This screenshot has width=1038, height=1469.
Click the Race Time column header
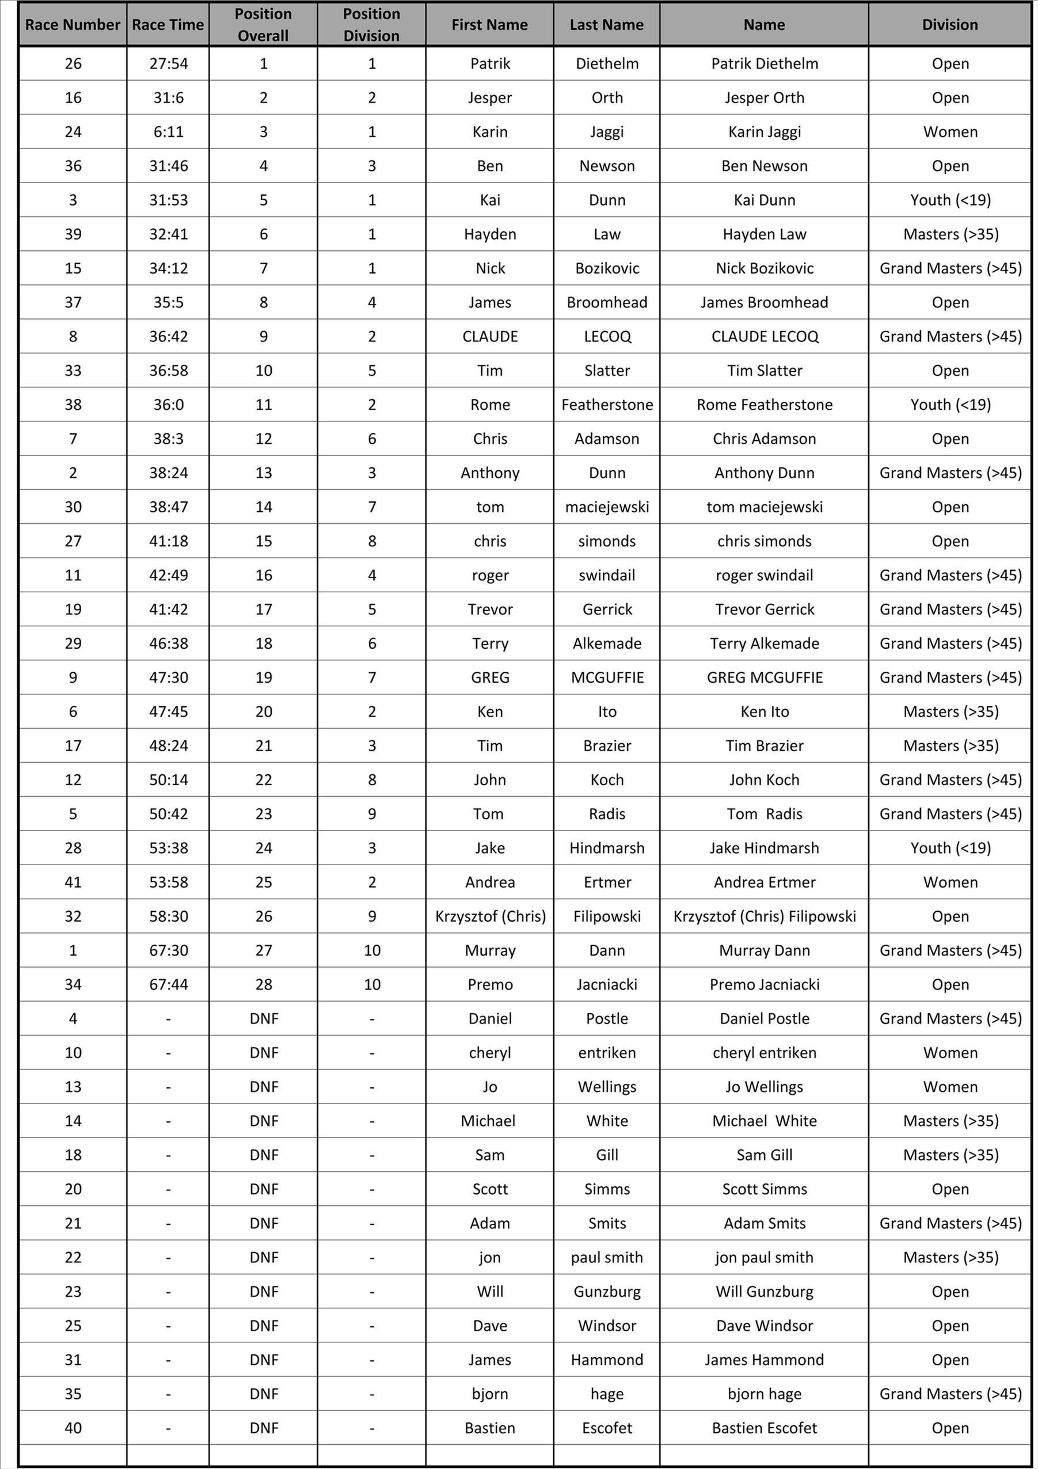pyautogui.click(x=168, y=25)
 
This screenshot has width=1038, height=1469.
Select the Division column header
pyautogui.click(x=950, y=25)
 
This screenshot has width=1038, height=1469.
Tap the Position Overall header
pyautogui.click(x=263, y=25)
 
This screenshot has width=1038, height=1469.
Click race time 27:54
pyautogui.click(x=168, y=63)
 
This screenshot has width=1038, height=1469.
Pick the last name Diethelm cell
pyautogui.click(x=607, y=63)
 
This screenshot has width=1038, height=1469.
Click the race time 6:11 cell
pyautogui.click(x=168, y=132)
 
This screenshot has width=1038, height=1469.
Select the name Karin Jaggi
pyautogui.click(x=764, y=132)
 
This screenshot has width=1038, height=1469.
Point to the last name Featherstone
pyautogui.click(x=607, y=404)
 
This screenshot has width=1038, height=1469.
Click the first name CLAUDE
pyautogui.click(x=489, y=337)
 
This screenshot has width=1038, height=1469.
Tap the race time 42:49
pyautogui.click(x=168, y=575)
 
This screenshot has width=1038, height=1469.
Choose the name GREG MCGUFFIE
pyautogui.click(x=764, y=678)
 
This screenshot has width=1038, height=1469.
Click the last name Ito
pyautogui.click(x=607, y=711)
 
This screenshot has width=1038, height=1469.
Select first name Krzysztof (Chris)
pyautogui.click(x=490, y=916)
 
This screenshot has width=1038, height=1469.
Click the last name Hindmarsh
pyautogui.click(x=607, y=848)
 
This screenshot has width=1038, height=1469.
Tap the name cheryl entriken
pyautogui.click(x=764, y=1052)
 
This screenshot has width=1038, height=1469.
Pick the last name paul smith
pyautogui.click(x=607, y=1257)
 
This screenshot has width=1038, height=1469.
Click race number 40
pyautogui.click(x=73, y=1428)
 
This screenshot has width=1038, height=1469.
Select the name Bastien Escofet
pyautogui.click(x=764, y=1428)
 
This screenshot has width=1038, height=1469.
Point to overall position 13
pyautogui.click(x=264, y=473)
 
